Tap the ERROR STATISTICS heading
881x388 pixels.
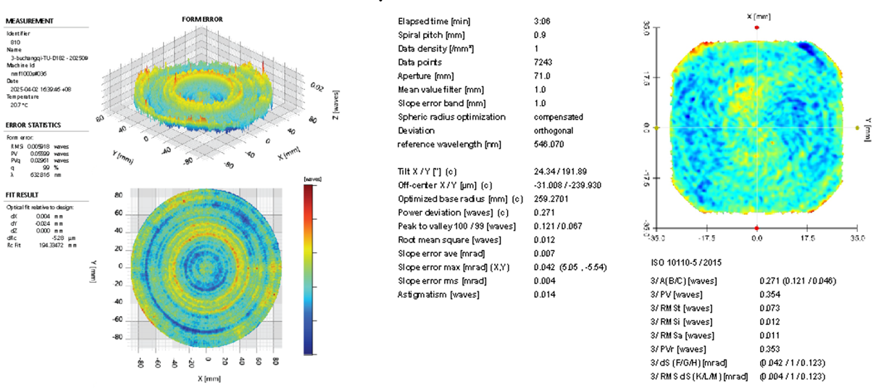pos(33,125)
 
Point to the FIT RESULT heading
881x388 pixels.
pos(24,194)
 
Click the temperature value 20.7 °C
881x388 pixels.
pos(17,104)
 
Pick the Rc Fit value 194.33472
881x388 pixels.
pos(48,246)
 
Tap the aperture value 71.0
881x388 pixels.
pos(542,76)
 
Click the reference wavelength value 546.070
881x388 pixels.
pos(548,144)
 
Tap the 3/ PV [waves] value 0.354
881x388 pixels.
pos(769,294)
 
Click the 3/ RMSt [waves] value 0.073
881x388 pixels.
pos(769,307)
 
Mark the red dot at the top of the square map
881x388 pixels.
pos(756,27)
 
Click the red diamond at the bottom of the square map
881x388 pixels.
pos(756,228)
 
